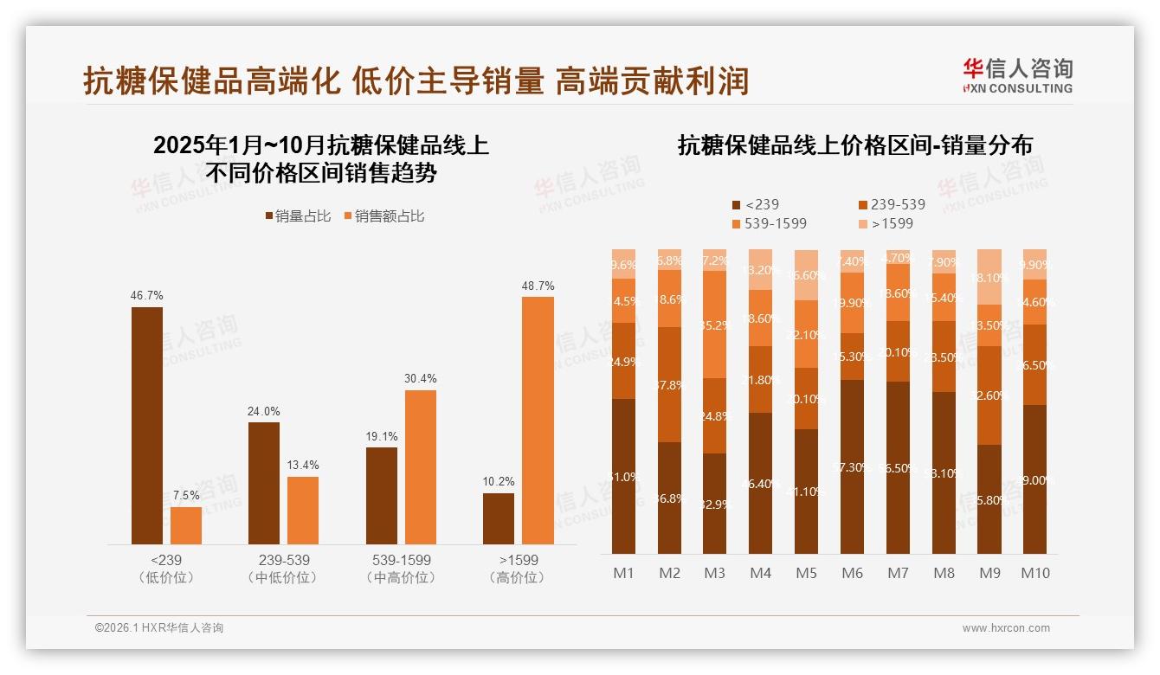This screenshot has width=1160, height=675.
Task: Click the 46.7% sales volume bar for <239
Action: (x=147, y=425)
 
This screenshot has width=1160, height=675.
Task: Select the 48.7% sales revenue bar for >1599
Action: (x=538, y=420)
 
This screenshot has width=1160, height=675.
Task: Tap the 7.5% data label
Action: (x=186, y=495)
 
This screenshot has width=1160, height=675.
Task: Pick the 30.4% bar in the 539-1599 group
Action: (x=421, y=466)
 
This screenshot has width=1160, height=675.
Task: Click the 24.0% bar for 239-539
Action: (x=264, y=483)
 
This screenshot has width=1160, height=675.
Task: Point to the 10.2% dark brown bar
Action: (x=499, y=518)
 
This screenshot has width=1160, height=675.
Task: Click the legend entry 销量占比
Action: (x=298, y=216)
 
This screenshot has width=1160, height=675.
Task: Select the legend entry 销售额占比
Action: (x=384, y=216)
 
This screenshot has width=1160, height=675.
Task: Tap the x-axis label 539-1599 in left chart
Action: (x=398, y=560)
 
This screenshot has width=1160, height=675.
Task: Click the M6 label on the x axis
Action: (x=852, y=573)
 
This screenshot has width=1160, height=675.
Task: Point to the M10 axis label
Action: (x=1034, y=573)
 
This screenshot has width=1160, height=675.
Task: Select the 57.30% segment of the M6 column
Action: (x=852, y=466)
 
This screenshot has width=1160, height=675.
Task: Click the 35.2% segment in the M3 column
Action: (x=714, y=325)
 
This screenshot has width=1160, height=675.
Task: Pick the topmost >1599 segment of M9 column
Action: (x=989, y=277)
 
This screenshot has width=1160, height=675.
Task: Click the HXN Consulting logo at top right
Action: (x=1018, y=75)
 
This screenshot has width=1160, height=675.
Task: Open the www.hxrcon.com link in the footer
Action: (x=1006, y=628)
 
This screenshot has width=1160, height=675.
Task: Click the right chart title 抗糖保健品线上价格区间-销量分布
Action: (x=854, y=145)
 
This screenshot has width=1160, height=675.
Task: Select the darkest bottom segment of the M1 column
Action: (x=623, y=476)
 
